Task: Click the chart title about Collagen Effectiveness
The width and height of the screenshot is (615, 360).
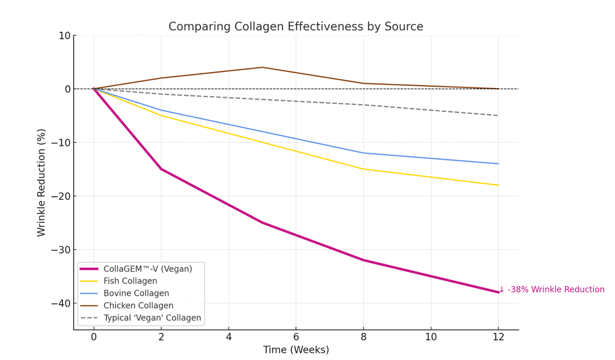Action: (295, 27)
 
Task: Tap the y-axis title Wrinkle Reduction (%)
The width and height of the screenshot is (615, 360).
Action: (41, 183)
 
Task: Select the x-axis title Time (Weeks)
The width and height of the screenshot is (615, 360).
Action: (296, 350)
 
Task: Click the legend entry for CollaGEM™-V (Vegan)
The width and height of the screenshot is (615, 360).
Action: (148, 269)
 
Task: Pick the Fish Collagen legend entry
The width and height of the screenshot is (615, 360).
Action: (130, 281)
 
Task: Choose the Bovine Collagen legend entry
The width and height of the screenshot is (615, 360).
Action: (136, 294)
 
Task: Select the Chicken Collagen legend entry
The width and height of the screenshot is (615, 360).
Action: (138, 306)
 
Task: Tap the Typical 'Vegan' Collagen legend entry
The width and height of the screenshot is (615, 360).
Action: (152, 318)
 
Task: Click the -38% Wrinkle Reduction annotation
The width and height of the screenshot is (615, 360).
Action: (552, 289)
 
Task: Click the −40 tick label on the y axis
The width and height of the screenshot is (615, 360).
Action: (60, 303)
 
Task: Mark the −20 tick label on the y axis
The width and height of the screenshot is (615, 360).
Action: (60, 196)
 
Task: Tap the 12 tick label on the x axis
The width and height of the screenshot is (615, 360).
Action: (498, 337)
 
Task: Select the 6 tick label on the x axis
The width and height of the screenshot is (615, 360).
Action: (295, 337)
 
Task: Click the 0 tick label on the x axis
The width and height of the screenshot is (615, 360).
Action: (94, 337)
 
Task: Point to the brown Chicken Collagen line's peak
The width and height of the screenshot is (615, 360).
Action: (262, 67)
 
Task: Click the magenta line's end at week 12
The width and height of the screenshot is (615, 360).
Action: (498, 292)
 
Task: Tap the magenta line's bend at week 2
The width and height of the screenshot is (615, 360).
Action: (161, 169)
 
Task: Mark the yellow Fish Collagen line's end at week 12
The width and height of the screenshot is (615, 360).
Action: (498, 185)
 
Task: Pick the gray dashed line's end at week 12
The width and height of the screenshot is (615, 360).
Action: (498, 116)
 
